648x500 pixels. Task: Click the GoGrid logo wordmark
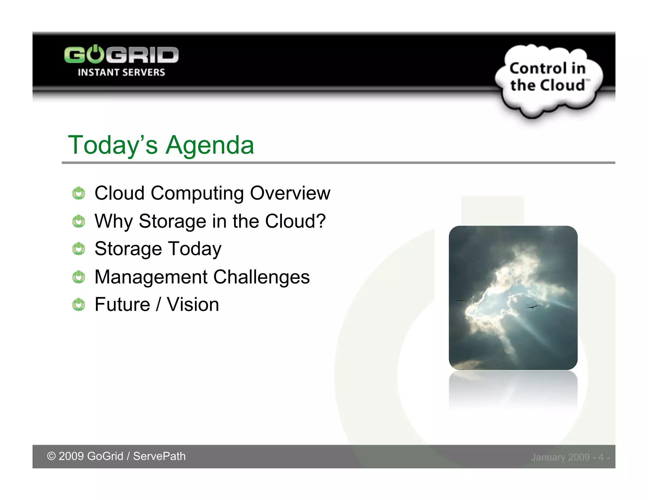click(121, 55)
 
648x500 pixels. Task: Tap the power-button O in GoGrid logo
click(95, 54)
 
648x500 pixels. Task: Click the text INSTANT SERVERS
click(121, 72)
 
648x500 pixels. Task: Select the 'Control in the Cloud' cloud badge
click(548, 79)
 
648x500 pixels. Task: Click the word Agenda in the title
click(210, 145)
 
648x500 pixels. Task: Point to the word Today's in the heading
click(113, 145)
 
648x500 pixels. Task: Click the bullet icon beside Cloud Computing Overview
click(78, 193)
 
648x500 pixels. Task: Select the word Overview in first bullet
click(290, 193)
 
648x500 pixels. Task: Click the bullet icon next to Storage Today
click(78, 249)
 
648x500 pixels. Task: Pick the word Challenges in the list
click(261, 277)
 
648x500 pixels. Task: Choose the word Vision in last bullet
click(193, 305)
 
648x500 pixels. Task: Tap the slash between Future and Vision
click(158, 305)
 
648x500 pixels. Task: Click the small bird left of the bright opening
click(460, 301)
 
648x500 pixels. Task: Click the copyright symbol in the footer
click(51, 456)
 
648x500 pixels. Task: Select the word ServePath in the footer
click(159, 456)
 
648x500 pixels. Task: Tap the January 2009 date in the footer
click(560, 457)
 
